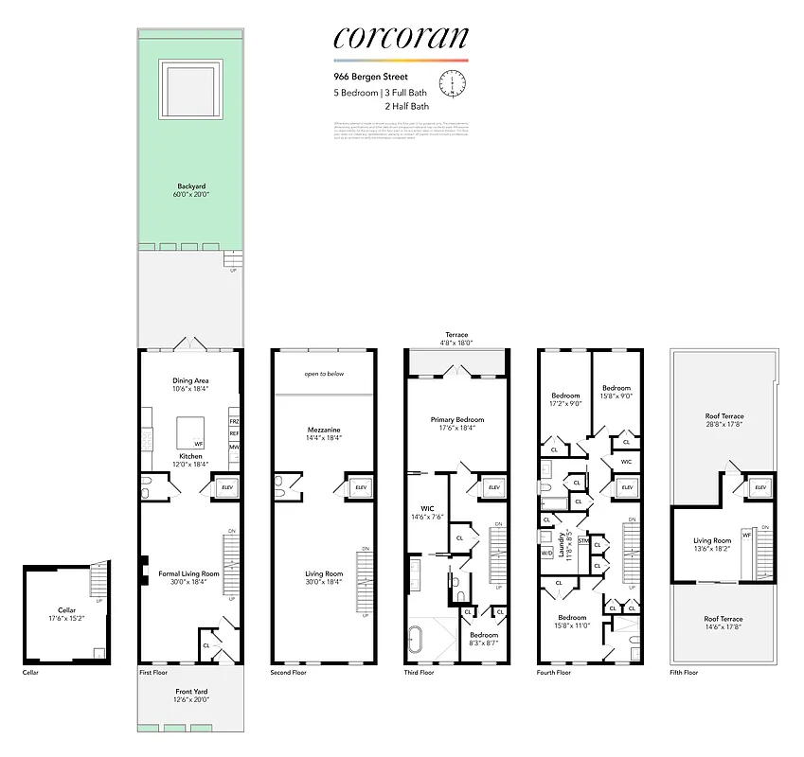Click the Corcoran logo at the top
pos(401,37)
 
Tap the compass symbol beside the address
pos(454,85)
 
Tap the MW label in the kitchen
pos(234,447)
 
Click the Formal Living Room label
pos(189,574)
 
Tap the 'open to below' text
pos(324,374)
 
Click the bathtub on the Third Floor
pos(418,635)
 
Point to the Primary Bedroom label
pos(457,419)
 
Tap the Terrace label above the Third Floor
pos(457,335)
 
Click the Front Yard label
pos(190,692)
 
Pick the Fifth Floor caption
pos(683,673)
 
